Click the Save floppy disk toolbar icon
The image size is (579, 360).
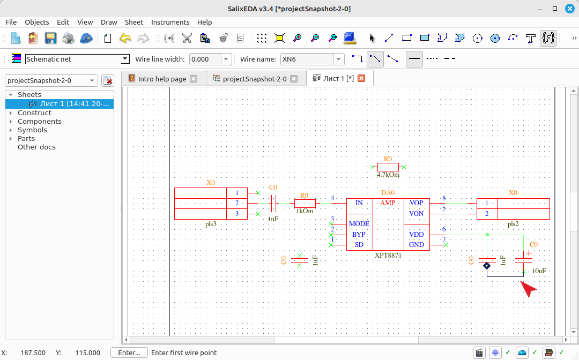50,38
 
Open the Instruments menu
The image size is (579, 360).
170,22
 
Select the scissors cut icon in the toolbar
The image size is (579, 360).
187,38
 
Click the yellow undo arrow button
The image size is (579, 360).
125,38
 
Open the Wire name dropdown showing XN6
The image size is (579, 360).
339,59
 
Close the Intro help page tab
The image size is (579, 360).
194,79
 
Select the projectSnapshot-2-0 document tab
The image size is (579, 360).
255,79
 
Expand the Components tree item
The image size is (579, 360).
11,122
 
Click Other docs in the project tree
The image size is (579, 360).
36,147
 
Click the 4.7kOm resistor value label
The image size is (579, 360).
388,175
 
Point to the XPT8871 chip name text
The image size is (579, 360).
388,255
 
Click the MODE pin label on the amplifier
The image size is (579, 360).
359,224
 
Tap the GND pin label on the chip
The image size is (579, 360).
416,245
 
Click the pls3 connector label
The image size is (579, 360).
211,224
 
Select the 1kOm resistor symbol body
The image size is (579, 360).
305,203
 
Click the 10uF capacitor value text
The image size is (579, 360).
539,271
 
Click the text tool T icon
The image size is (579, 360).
531,38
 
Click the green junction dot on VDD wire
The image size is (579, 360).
487,235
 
